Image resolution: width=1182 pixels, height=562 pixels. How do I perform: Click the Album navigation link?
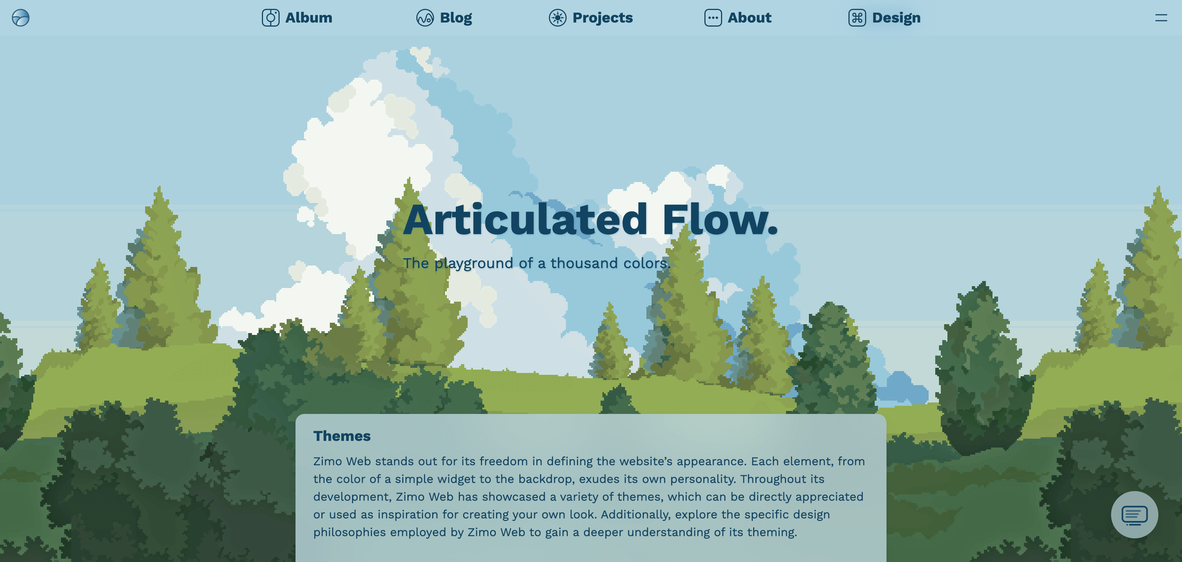(297, 18)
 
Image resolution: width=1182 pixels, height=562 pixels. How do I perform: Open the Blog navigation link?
(444, 18)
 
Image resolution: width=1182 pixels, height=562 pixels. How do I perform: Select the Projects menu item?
(591, 18)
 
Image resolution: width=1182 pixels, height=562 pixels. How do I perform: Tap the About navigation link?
(738, 18)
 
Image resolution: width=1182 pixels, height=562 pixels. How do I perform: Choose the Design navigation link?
(884, 18)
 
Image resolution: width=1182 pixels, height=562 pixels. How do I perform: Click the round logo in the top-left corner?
(21, 18)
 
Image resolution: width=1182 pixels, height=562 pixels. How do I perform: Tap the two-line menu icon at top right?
(1161, 18)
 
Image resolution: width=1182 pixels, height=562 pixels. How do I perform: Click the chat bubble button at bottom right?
(1134, 515)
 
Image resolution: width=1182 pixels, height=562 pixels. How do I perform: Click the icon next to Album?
(271, 18)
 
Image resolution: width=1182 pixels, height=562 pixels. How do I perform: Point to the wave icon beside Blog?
(425, 18)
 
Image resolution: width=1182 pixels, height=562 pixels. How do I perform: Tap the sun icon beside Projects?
(557, 18)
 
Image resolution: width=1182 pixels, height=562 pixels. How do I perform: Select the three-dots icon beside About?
(713, 18)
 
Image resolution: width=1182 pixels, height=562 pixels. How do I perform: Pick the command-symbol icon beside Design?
(857, 18)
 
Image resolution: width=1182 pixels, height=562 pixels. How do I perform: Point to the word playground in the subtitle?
(474, 264)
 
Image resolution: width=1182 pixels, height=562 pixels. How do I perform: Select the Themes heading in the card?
(342, 436)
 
